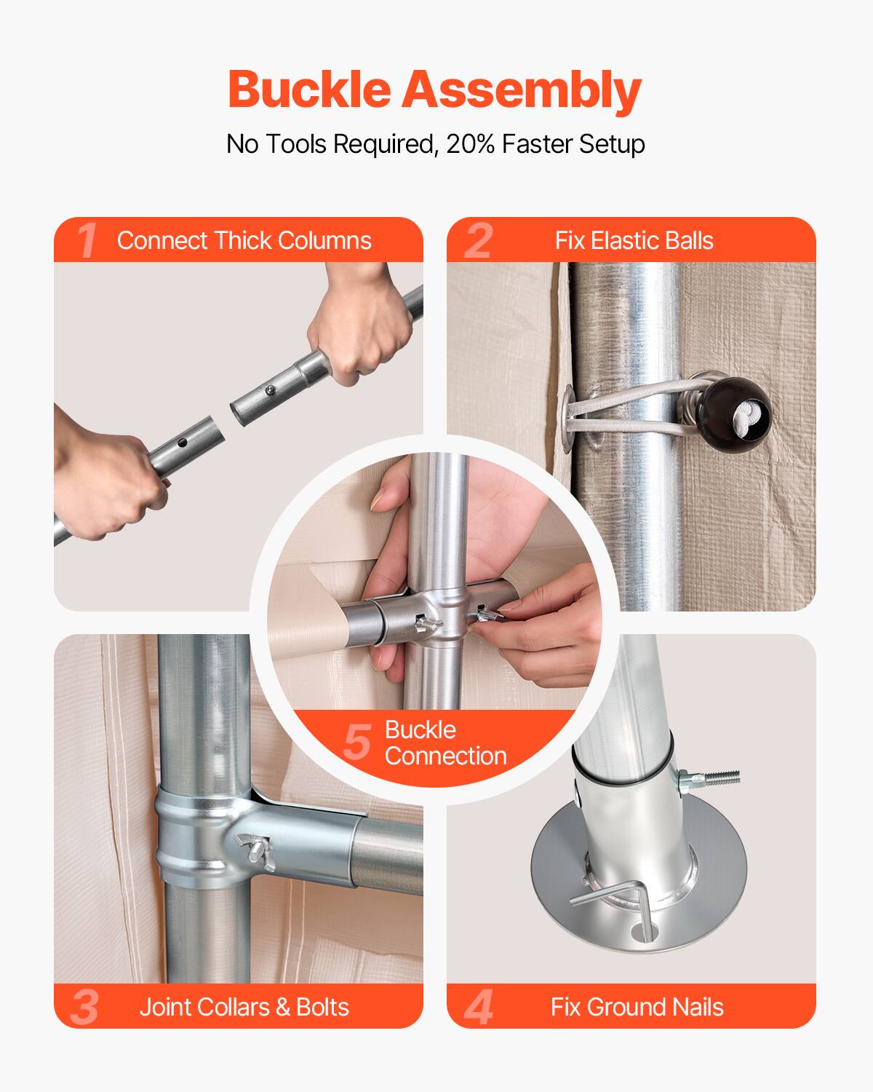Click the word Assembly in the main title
click(522, 91)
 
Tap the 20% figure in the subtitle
click(470, 144)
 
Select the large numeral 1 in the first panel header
click(87, 240)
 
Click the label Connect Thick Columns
click(244, 240)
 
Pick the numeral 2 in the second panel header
click(478, 240)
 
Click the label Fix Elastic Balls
click(634, 240)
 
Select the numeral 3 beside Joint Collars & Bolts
click(85, 1007)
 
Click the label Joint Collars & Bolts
click(244, 1007)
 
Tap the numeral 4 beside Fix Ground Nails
click(478, 1007)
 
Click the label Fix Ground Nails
click(637, 1007)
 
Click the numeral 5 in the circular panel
click(357, 742)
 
